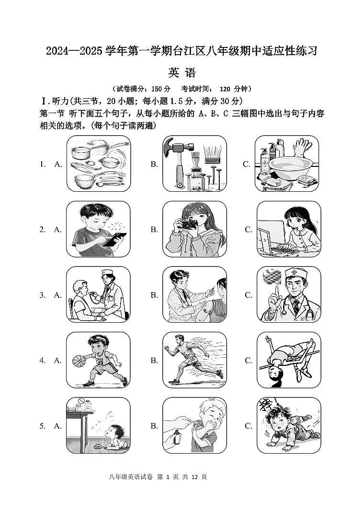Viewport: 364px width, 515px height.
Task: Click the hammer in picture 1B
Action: (176, 152)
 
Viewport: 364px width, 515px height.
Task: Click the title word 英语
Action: (182, 72)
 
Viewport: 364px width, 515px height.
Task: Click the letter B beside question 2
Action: (154, 230)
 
